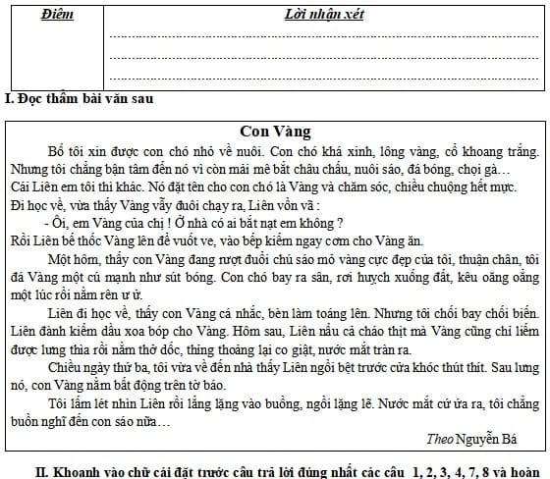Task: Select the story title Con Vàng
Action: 275,131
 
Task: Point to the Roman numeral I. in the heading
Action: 8,98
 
